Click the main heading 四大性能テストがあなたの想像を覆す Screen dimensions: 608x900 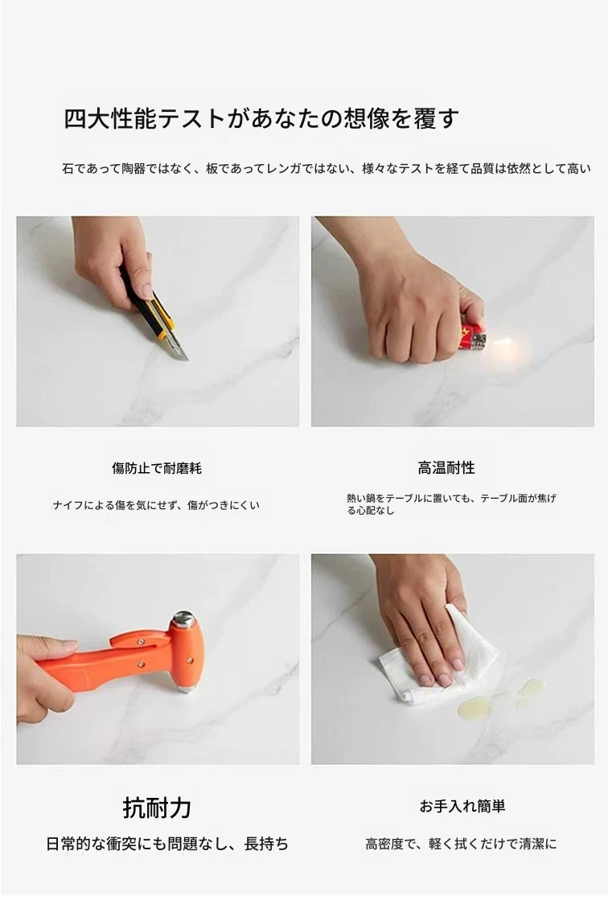261,119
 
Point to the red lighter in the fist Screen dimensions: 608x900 473,338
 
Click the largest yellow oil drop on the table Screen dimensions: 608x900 475,707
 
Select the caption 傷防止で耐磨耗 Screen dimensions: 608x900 157,468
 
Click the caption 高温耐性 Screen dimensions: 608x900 446,468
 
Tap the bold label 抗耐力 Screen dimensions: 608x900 157,808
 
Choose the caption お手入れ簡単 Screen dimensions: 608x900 462,807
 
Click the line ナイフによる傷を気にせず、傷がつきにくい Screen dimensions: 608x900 156,505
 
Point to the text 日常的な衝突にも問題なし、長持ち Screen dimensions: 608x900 167,844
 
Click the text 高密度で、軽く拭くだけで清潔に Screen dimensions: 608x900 461,844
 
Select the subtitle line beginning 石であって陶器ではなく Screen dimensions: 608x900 326,169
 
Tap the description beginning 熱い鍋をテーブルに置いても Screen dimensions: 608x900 451,504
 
